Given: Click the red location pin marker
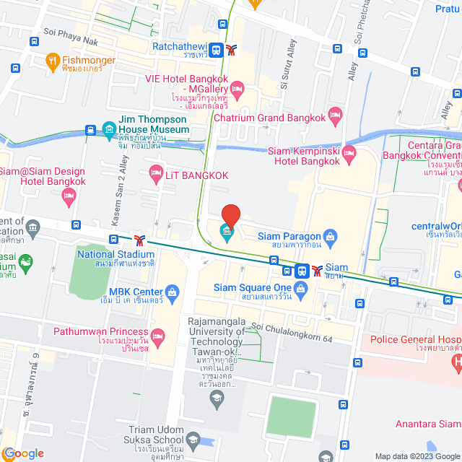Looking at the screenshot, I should pos(230,216).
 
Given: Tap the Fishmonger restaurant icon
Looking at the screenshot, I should pos(51,61).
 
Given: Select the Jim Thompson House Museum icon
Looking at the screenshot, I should pos(108,130).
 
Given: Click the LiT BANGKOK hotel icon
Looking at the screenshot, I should pos(154,171).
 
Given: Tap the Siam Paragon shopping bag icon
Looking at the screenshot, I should pos(331,236).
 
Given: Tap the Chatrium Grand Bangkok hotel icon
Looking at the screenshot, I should pos(334,115).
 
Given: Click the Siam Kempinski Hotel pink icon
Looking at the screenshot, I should pos(349,152).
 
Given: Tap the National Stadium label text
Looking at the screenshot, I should pos(115,254).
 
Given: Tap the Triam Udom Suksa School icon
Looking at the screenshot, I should pos(193,438).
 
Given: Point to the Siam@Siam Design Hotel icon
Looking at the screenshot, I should pos(69,195).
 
